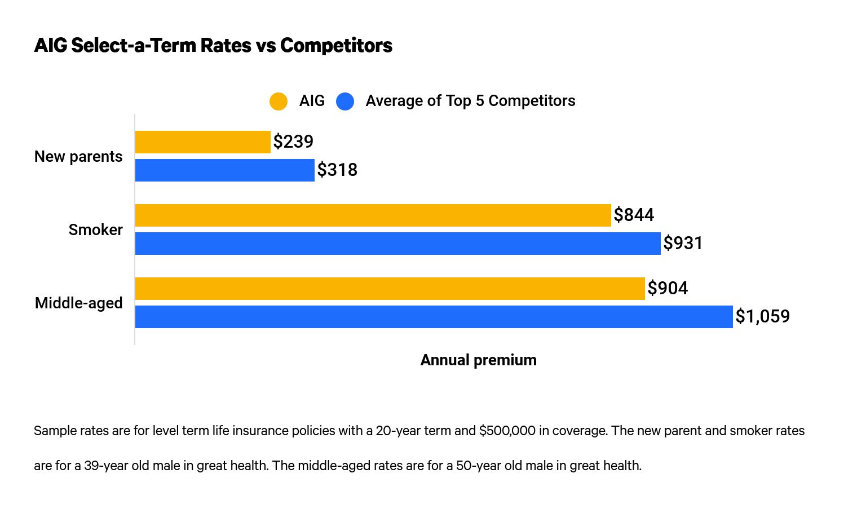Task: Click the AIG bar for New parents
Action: [202, 142]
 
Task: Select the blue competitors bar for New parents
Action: [224, 170]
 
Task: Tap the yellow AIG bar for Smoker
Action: [373, 215]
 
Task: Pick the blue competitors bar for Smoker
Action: [397, 244]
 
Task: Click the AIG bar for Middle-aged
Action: [390, 289]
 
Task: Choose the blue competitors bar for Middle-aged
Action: [434, 317]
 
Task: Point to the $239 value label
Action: [293, 141]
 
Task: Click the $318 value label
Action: [337, 170]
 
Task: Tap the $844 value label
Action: [634, 215]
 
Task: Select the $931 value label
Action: [683, 243]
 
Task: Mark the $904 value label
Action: [668, 288]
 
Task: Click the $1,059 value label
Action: [762, 316]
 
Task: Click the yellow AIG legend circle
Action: [279, 101]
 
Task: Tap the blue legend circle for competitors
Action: [345, 101]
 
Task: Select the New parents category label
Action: [78, 157]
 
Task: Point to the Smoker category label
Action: [95, 230]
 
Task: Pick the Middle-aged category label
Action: [78, 303]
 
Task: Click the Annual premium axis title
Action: [478, 360]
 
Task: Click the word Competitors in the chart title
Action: [336, 45]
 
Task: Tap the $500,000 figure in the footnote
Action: [507, 431]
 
